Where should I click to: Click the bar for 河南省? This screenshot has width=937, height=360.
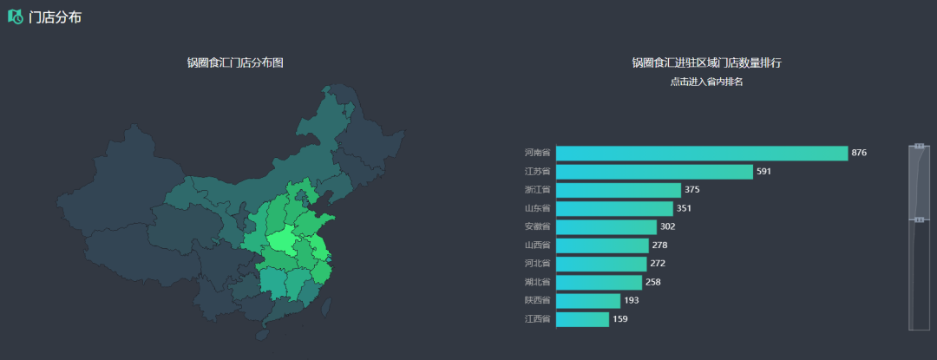coord(701,154)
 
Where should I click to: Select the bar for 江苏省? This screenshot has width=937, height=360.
coord(654,172)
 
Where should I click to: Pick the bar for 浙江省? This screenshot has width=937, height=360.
coord(618,190)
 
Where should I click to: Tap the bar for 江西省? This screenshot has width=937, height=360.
coord(582,319)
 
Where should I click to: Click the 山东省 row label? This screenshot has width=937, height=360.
coord(537,208)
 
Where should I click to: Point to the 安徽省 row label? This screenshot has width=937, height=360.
coord(537,226)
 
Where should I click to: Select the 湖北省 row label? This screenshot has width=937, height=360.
coord(537,282)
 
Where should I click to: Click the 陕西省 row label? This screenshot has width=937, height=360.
coord(537,300)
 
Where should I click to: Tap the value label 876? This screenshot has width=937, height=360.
coord(859,154)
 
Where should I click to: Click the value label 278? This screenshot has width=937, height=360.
coord(659,245)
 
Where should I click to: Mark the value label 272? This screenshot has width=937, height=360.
coord(657,264)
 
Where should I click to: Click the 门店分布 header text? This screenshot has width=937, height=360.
coord(56,17)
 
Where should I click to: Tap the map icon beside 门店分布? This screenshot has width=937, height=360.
coord(16,16)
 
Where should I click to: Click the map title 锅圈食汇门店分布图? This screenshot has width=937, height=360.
coord(235,62)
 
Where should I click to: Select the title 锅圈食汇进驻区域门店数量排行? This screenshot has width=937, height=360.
coord(706,62)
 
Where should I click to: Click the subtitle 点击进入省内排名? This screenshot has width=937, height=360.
coord(706,82)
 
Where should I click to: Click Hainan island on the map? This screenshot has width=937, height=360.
coord(263,334)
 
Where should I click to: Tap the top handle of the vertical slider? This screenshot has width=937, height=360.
coord(919,146)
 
